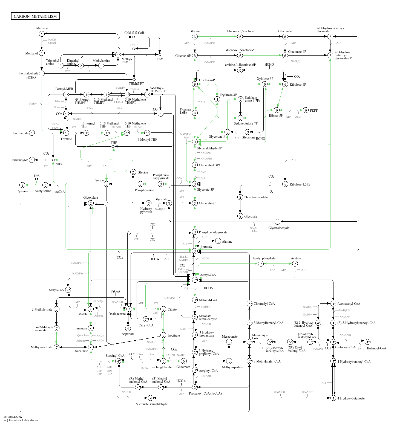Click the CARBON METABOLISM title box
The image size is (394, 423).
(35, 16)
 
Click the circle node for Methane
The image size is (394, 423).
(42, 34)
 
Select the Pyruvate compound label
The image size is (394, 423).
(206, 247)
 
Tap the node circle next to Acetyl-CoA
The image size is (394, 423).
(195, 280)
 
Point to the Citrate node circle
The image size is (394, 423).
(163, 309)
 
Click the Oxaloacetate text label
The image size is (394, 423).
(117, 314)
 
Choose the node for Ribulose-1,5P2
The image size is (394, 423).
(285, 184)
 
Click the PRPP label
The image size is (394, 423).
(314, 111)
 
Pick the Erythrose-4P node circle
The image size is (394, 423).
(217, 99)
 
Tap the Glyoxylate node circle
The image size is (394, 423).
(91, 203)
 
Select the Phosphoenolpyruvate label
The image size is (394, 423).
(213, 232)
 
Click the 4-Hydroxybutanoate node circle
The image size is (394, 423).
(333, 398)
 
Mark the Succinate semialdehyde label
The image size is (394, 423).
(152, 404)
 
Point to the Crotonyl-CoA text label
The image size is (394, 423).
(345, 347)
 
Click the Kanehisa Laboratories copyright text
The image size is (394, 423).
(21, 420)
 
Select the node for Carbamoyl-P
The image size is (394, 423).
(32, 160)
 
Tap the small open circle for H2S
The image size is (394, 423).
(36, 179)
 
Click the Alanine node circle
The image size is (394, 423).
(218, 241)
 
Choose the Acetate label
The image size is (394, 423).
(296, 258)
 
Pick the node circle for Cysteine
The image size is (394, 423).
(22, 185)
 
